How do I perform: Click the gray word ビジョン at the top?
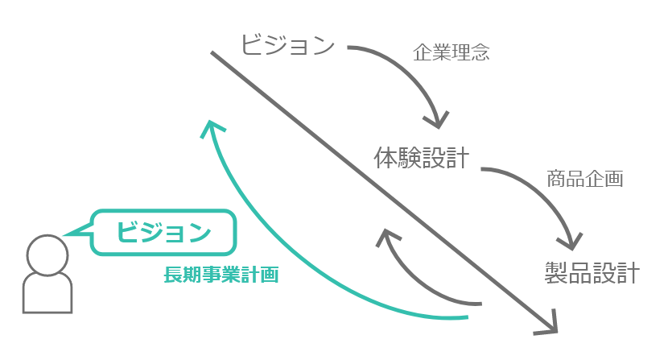point(287,44)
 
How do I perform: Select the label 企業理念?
point(451,53)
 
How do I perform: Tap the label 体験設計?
point(421,157)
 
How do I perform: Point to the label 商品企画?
point(585,179)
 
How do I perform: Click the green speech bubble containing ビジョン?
point(164,234)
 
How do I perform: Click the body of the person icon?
point(46,293)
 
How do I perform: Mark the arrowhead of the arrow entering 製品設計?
point(572,241)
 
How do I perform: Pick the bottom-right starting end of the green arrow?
point(467,317)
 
